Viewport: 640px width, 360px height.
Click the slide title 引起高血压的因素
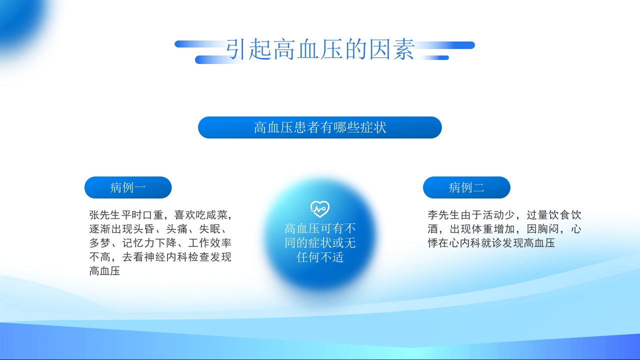tap(320, 50)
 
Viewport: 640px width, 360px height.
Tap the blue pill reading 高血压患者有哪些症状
tap(320, 127)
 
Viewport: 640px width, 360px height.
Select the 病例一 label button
tap(128, 187)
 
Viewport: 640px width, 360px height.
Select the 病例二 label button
tap(466, 187)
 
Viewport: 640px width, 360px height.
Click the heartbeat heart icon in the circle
tap(320, 208)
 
